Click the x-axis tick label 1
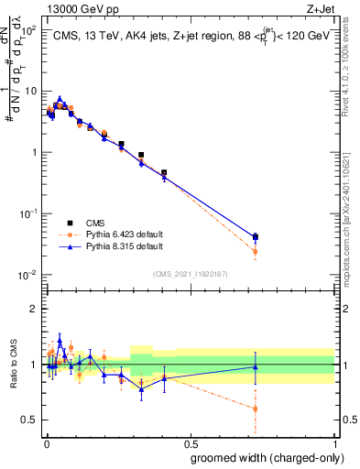pyautogui.click(x=334, y=442)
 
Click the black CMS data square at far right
pyautogui.click(x=256, y=236)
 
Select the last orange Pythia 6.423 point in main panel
pyautogui.click(x=256, y=251)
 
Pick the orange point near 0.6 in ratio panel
pyautogui.click(x=256, y=409)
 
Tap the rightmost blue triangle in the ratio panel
pyautogui.click(x=256, y=366)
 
